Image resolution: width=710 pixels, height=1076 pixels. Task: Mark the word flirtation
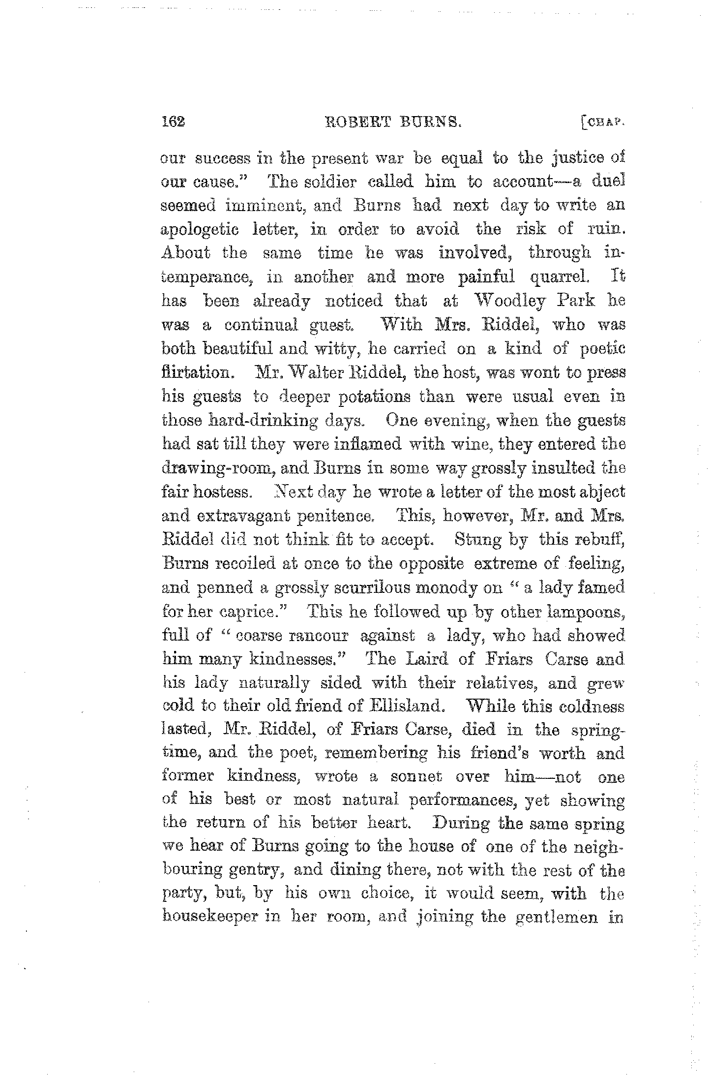pos(196,372)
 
